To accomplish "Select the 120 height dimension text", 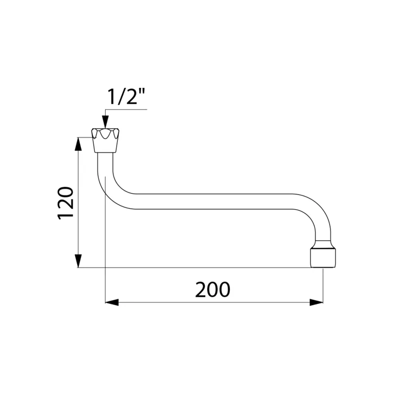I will [66, 203].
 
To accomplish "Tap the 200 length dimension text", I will [212, 290].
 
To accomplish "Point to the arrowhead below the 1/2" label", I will [105, 122].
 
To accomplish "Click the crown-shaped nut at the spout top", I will [104, 140].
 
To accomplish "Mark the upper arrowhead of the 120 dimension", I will [78, 144].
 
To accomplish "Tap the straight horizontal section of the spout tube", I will [216, 201].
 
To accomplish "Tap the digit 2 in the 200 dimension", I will [200, 290].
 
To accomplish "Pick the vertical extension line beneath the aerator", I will [323, 285].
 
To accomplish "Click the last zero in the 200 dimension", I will [224, 290].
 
